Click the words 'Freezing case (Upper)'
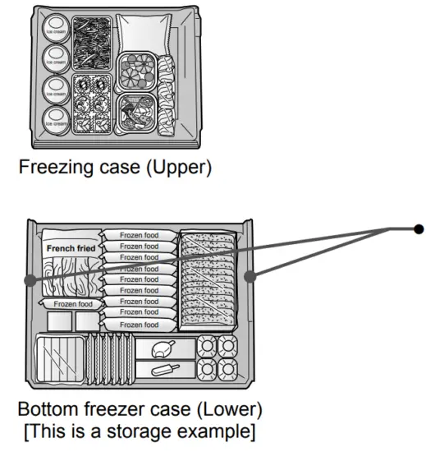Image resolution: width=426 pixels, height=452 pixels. click(116, 169)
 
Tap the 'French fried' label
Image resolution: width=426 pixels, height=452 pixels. click(71, 248)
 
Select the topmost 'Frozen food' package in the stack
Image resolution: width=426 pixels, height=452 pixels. click(140, 235)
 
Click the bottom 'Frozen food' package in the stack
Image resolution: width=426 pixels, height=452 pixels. click(140, 324)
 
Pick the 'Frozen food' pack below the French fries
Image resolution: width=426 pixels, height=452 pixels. click(72, 304)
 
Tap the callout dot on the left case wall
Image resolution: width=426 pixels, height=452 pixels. click(30, 281)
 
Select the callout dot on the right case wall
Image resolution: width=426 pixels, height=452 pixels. click(251, 277)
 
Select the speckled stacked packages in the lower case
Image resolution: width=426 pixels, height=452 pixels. click(209, 279)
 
